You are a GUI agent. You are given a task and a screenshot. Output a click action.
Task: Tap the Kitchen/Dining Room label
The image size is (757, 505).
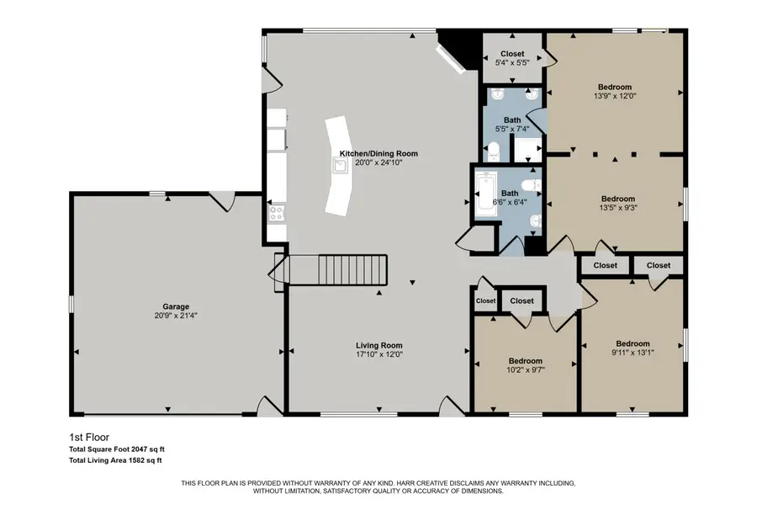(x=378, y=154)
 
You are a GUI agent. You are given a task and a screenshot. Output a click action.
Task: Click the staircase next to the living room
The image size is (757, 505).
(x=352, y=269)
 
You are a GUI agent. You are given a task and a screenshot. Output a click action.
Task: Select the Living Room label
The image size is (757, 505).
(x=378, y=345)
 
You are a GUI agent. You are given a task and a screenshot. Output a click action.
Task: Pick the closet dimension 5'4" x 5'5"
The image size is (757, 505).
(x=512, y=61)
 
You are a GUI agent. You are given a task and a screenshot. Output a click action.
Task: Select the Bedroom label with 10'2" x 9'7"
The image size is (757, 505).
(x=524, y=360)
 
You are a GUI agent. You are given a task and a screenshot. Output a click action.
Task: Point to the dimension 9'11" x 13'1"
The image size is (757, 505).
(x=633, y=353)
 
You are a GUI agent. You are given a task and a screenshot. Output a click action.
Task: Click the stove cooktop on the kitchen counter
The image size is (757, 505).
(x=277, y=214)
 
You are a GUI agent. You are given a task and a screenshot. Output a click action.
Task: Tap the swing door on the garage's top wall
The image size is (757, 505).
(x=221, y=200)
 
